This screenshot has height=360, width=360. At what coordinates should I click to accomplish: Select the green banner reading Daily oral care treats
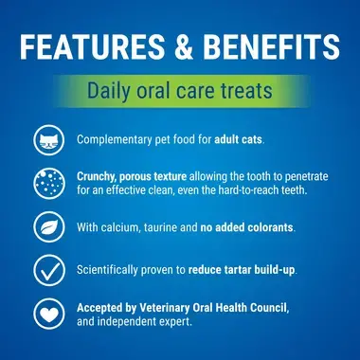click(180, 92)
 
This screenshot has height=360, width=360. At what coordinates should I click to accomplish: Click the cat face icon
click(46, 141)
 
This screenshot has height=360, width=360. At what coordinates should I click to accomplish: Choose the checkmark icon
click(46, 270)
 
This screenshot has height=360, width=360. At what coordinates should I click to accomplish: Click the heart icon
click(46, 314)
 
